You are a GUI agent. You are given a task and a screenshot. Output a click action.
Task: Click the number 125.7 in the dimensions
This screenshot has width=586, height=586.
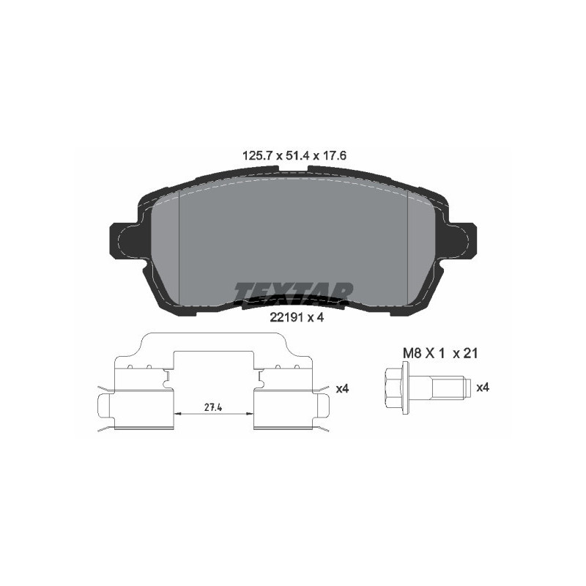[x=257, y=155]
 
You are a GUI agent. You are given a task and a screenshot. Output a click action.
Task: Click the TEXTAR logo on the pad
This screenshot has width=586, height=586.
[x=294, y=292]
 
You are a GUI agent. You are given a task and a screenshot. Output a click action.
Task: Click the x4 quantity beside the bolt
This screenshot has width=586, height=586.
[x=483, y=387]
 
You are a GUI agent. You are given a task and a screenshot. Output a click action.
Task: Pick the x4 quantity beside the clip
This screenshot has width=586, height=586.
[x=342, y=389]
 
